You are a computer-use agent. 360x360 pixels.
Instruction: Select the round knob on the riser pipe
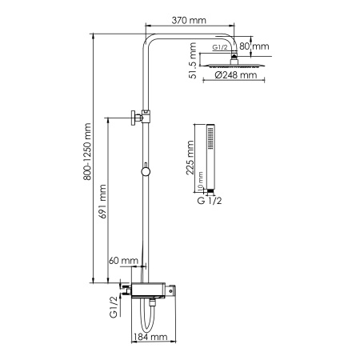click(x=145, y=170)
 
